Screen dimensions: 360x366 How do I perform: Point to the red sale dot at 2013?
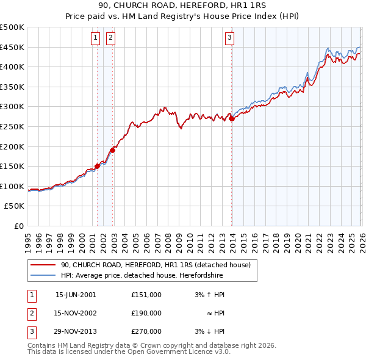[232, 119]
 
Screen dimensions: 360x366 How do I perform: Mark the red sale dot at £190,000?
[112, 150]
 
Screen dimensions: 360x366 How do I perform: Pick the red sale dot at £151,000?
[97, 166]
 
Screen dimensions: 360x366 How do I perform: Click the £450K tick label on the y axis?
[12, 47]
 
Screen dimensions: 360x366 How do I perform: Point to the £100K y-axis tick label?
[12, 186]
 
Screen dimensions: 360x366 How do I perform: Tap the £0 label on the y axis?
[19, 226]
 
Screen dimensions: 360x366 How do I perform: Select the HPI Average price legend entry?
[142, 276]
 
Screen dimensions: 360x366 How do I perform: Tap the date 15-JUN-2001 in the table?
[76, 295]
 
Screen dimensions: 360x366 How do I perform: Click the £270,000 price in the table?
[146, 331]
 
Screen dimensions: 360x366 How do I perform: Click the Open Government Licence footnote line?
[129, 352]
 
